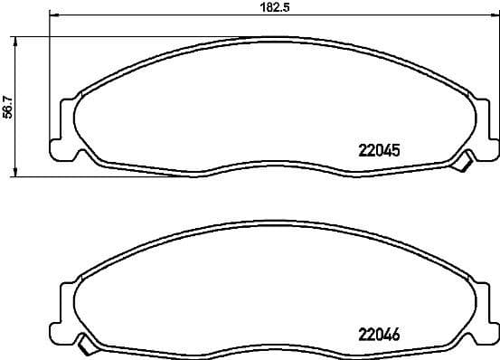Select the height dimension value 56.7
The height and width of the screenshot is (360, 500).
[7, 108]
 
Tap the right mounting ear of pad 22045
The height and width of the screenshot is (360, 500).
[485, 127]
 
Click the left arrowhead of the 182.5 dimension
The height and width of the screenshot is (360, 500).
[52, 16]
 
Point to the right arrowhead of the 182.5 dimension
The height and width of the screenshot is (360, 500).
[494, 16]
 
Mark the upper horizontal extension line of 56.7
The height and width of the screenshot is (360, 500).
[136, 36]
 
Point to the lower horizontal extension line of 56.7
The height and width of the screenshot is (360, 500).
[90, 175]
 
